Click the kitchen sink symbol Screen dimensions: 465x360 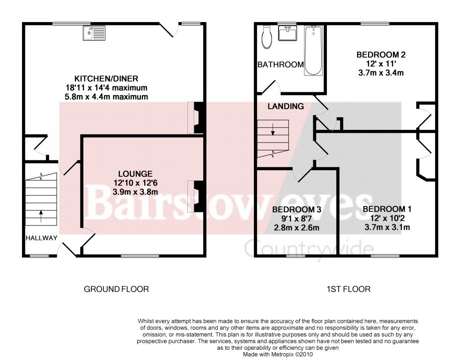[94, 33]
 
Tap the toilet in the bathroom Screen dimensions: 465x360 [266, 37]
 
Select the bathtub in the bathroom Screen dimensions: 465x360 [313, 50]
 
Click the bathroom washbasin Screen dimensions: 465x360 [288, 33]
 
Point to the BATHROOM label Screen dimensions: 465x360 [280, 64]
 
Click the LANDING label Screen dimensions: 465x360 [286, 106]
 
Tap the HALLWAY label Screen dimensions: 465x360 [41, 238]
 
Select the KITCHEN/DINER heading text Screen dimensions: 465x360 [106, 79]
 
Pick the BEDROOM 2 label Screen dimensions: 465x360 [381, 54]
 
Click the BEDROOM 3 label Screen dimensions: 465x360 [296, 210]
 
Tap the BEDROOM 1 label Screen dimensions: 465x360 [387, 209]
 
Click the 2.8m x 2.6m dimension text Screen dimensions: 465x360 [296, 228]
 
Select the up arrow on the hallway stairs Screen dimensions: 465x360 [41, 216]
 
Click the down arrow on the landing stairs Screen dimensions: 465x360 [273, 129]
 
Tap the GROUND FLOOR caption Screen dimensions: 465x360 [116, 289]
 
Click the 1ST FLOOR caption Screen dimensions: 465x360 [348, 289]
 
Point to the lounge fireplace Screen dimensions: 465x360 [195, 196]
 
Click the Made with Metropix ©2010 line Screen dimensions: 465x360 [278, 354]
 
